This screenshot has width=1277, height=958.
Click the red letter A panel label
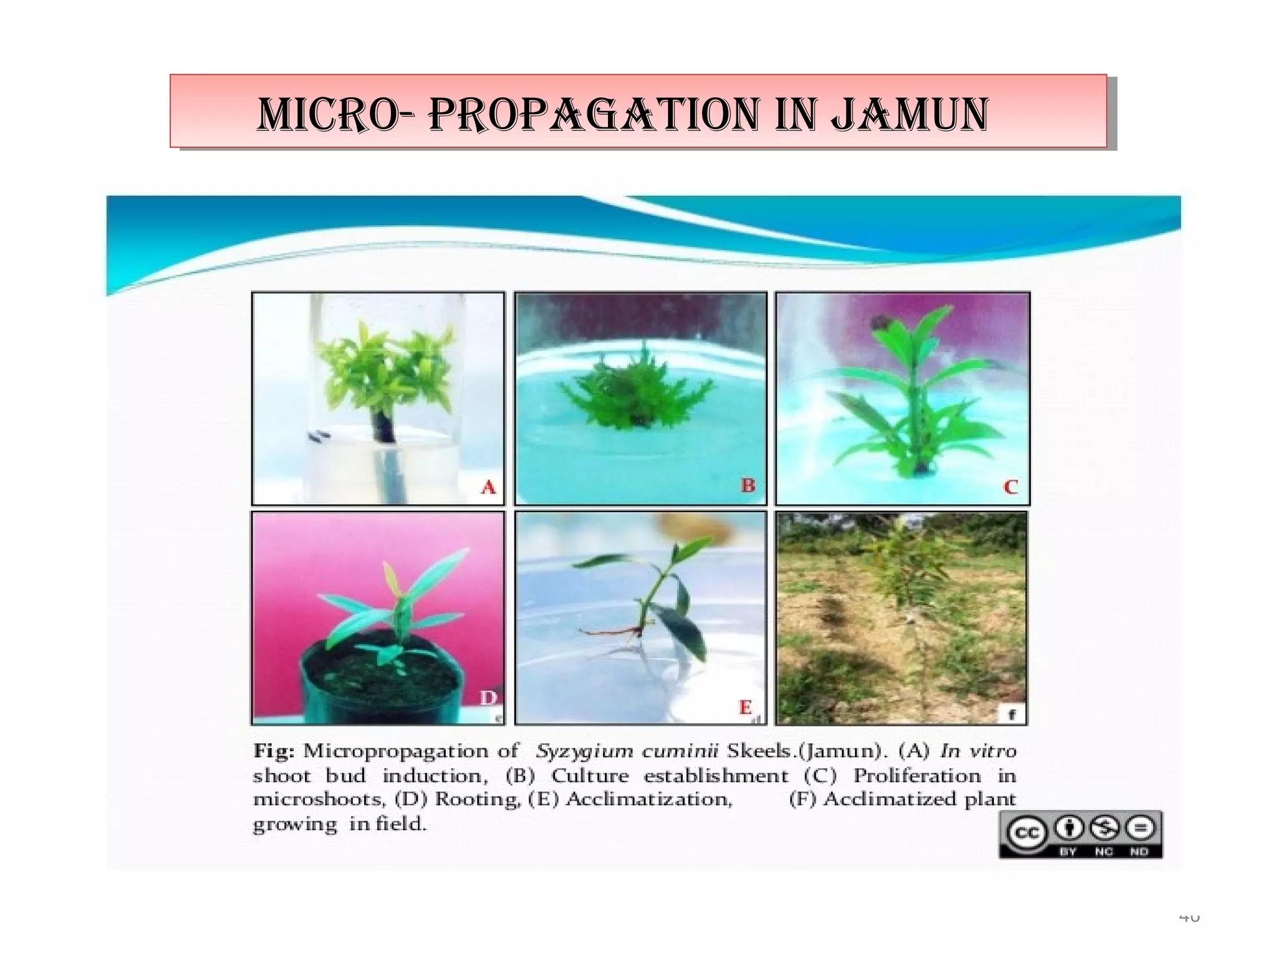click(x=488, y=486)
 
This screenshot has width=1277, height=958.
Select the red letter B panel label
click(x=749, y=485)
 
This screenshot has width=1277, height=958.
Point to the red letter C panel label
click(x=1010, y=486)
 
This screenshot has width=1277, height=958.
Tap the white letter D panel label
click(x=488, y=698)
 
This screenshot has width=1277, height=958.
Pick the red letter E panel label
click(x=746, y=707)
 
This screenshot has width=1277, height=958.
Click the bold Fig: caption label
click(x=273, y=751)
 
